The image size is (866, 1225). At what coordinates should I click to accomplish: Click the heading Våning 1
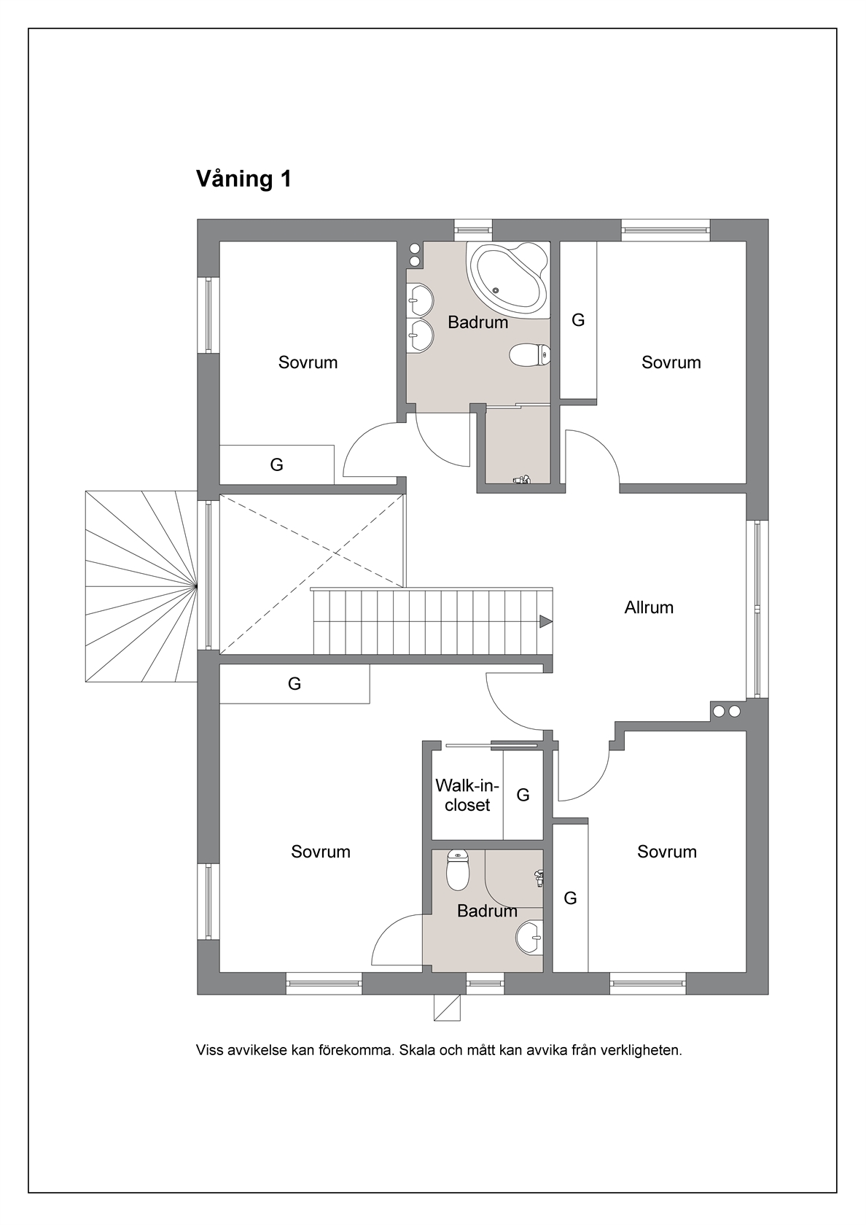coord(243,179)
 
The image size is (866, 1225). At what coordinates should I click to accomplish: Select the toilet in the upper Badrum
coord(530,354)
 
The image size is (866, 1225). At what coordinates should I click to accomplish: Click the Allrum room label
coord(649,607)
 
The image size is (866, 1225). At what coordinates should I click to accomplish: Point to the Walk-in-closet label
coord(467,795)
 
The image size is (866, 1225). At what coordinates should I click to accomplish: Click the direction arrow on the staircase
coord(545,621)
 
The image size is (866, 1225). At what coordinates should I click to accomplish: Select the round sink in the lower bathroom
coord(529,938)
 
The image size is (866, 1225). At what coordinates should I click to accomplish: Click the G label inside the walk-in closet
coord(523,795)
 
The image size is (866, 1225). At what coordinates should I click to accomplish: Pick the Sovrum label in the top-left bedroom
coord(308,362)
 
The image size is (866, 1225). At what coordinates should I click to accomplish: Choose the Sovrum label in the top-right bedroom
coord(671,362)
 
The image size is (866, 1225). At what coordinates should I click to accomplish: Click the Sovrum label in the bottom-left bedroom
coord(321,852)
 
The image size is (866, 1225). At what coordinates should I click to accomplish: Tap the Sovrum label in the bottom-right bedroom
coord(667,852)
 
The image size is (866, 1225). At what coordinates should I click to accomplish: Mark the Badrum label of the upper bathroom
coord(478,322)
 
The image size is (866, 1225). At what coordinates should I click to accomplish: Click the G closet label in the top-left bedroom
coord(277,464)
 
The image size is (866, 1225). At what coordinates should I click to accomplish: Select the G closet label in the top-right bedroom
coord(579,319)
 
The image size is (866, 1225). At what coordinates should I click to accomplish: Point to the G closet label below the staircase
coord(294,683)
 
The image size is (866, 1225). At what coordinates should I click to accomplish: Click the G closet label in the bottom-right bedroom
coord(570,898)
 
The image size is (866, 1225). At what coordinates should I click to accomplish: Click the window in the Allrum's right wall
coord(757,610)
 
